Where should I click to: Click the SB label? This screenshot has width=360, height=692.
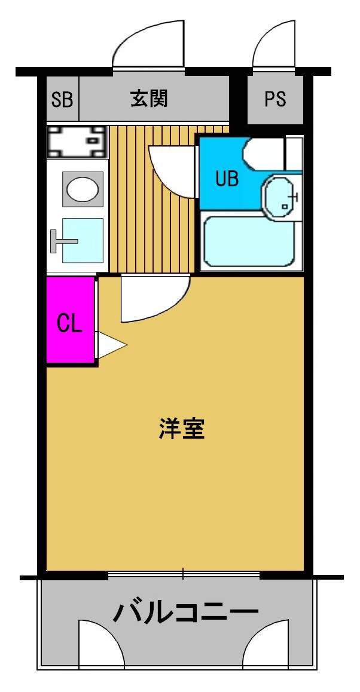point(62,99)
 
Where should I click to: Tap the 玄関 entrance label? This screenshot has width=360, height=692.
point(149,97)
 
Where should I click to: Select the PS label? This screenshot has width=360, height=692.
point(276,99)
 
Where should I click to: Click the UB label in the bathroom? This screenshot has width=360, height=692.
point(227,179)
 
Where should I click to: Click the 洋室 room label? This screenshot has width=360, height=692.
point(182,429)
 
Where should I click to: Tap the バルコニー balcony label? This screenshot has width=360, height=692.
point(186,613)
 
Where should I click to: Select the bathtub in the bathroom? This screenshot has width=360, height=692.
point(250,241)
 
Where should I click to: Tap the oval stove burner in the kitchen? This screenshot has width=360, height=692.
point(83,189)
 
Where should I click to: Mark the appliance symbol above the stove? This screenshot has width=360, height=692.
point(76,141)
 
